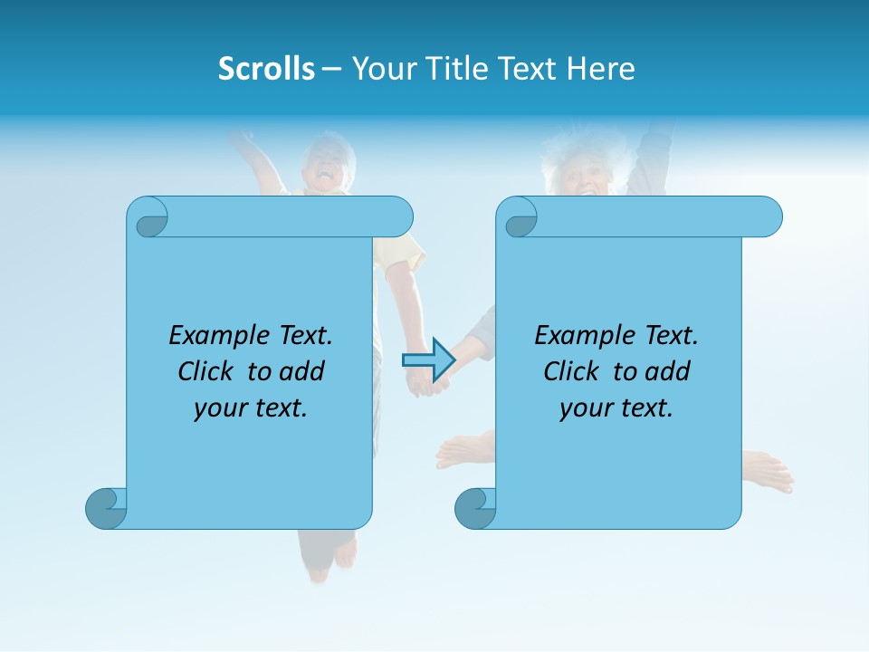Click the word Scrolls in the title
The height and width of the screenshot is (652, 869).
pos(267,69)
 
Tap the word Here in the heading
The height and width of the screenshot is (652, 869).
pos(600,69)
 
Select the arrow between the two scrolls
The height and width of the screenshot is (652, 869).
pos(428,360)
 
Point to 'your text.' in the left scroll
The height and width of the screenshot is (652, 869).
pos(251,408)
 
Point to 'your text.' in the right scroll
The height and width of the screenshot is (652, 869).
pos(616,408)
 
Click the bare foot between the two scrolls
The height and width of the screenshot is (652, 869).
pos(463,447)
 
